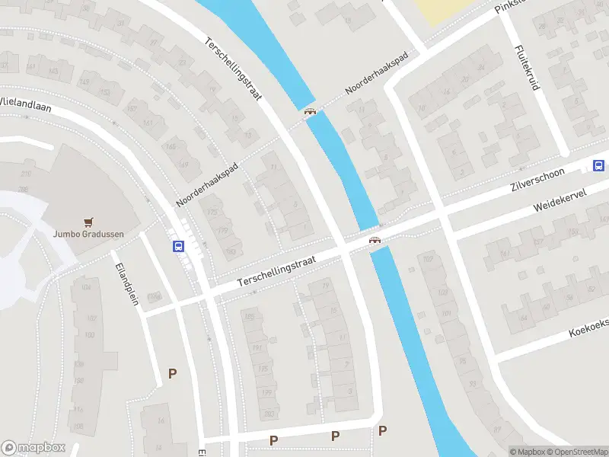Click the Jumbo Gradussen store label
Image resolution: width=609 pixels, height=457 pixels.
coord(88,235)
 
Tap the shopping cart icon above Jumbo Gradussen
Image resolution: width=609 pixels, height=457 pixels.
coord(88,222)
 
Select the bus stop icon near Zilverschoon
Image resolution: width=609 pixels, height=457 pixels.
coord(599,165)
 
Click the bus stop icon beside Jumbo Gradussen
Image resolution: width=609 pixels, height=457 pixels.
coord(179,246)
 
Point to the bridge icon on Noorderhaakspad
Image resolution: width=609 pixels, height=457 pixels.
coord(310,113)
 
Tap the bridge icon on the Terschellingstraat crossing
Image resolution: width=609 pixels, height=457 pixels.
coord(375,241)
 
